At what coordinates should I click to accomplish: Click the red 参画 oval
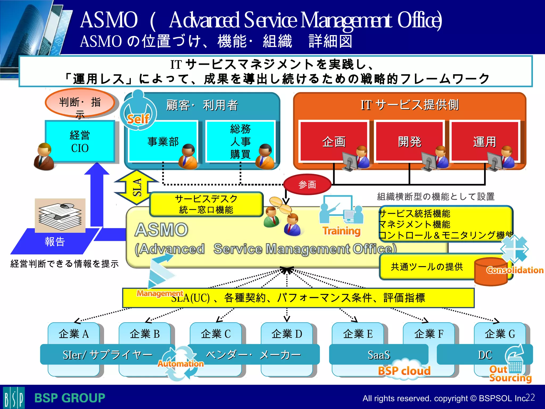(x=307, y=184)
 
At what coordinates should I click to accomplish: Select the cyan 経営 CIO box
(x=80, y=141)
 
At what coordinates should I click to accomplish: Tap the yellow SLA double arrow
(x=136, y=187)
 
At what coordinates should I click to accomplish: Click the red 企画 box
(x=334, y=141)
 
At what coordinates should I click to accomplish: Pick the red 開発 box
(x=409, y=141)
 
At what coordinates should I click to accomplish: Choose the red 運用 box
(x=484, y=141)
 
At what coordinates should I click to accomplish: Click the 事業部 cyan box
(x=163, y=141)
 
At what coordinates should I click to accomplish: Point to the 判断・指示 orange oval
(x=80, y=103)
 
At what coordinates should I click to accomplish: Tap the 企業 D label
(x=287, y=334)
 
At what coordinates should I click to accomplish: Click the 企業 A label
(x=73, y=334)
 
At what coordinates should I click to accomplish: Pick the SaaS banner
(x=378, y=355)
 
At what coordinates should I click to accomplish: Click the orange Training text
(x=341, y=231)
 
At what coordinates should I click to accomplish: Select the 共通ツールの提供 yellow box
(x=427, y=267)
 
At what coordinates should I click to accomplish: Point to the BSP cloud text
(x=404, y=371)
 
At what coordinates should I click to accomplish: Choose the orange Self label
(x=138, y=119)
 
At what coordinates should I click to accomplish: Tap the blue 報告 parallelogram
(x=55, y=242)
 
